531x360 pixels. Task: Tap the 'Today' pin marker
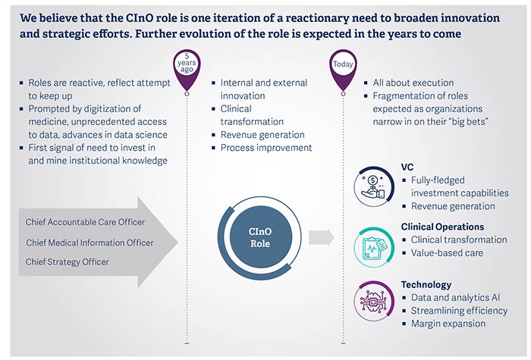tap(343, 65)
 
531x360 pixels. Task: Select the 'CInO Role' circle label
tap(260, 238)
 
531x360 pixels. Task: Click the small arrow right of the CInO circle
tap(321, 237)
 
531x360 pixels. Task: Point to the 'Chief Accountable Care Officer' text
tap(85, 222)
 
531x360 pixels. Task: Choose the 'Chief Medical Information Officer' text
tap(90, 243)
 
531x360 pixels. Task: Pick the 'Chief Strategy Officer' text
tap(67, 262)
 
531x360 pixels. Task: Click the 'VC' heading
tap(408, 166)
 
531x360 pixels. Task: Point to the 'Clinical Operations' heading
tap(442, 227)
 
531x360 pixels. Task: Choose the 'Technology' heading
tap(426, 285)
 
